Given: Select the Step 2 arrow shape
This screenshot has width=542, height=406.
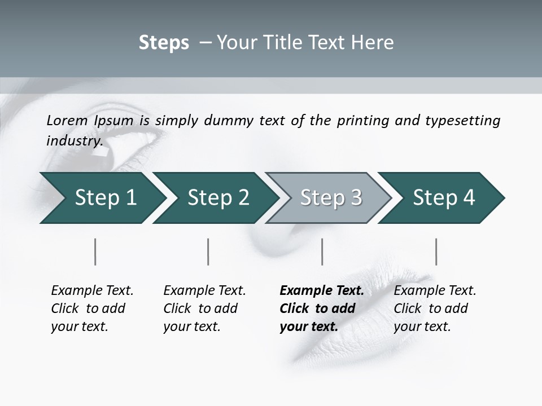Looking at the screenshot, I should point(217,198).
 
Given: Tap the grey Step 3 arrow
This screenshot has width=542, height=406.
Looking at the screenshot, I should point(330,198).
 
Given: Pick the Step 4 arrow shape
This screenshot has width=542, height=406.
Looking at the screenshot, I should point(443,198).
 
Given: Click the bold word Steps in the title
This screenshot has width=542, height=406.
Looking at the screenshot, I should point(164,43).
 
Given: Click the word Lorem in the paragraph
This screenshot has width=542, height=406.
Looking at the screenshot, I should point(67,121).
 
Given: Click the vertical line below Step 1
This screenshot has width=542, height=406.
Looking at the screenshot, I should point(95,251).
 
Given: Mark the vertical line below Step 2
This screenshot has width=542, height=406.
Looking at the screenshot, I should point(208,251).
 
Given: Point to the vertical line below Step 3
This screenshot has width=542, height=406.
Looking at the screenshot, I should point(322,251).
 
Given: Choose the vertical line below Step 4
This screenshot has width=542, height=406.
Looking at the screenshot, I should point(436,251).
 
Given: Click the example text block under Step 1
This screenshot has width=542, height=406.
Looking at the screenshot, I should point(92,308).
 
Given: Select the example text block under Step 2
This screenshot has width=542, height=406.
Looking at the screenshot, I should point(204,308).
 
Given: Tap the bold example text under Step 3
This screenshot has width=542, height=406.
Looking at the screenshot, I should point(321,308).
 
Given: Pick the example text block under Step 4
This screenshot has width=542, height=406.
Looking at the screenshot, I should point(435,308).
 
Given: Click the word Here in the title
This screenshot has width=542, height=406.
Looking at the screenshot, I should point(374,43).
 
